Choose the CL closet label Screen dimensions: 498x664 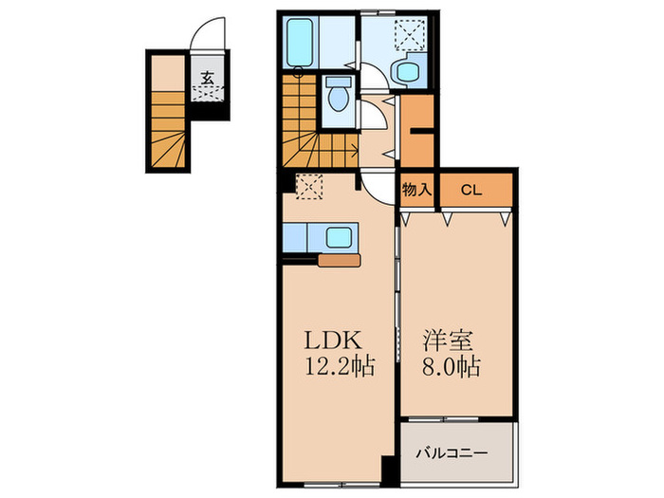470,190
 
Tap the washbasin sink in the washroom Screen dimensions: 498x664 408,70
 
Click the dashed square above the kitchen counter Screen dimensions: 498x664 308,186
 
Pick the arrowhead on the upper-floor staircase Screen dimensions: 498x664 356,148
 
